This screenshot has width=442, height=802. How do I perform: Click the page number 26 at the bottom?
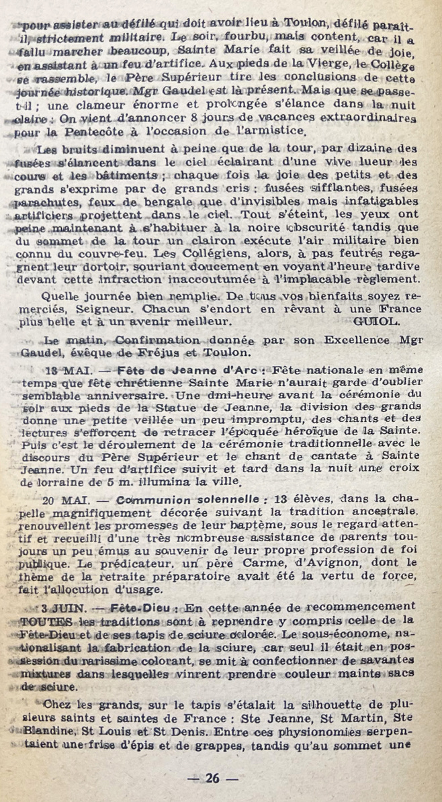(x=213, y=779)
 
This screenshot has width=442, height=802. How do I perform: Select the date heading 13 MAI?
(x=67, y=370)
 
